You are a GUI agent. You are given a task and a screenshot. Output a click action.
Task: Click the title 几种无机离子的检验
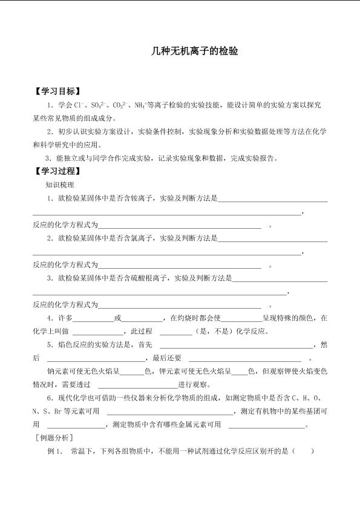coord(194,51)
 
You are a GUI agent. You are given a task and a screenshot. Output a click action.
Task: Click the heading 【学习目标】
coord(57,91)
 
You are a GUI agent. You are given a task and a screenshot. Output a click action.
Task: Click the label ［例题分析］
coord(54,438)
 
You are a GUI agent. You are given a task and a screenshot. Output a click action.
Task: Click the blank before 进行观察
coord(136,385)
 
